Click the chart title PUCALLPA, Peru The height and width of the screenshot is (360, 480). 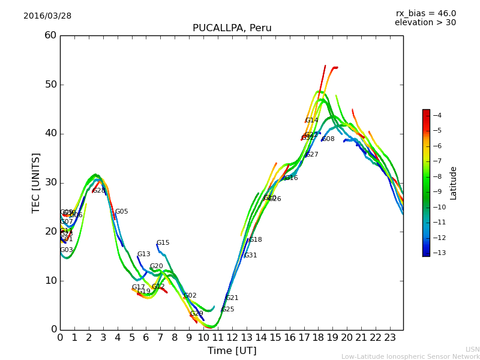coord(232,28)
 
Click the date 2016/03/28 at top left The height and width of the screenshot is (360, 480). coord(47,16)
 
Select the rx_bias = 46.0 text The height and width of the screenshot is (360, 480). coord(425,13)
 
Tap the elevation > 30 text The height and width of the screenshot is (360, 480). coord(425,23)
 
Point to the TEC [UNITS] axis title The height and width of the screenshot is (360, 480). coord(36,182)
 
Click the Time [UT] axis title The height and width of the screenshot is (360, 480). coord(232,351)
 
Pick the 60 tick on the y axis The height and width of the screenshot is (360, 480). coord(50,35)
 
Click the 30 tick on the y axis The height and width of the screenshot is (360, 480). coord(50,182)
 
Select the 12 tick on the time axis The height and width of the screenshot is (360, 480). coord(232,337)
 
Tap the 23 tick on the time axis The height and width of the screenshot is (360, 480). coord(389,337)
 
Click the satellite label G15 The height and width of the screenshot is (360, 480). coord(163,243)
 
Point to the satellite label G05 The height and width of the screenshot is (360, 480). coord(121,212)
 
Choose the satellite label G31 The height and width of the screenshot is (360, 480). coord(250,256)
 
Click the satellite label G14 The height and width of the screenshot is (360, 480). coord(311,121)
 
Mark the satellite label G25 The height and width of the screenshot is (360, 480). coord(227,310)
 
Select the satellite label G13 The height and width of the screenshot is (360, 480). coord(144,254)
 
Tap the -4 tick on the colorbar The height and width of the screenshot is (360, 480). coord(437,115)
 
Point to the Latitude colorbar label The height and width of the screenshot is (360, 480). coord(454,183)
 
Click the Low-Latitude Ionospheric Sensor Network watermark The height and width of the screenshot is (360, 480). coord(410,357)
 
